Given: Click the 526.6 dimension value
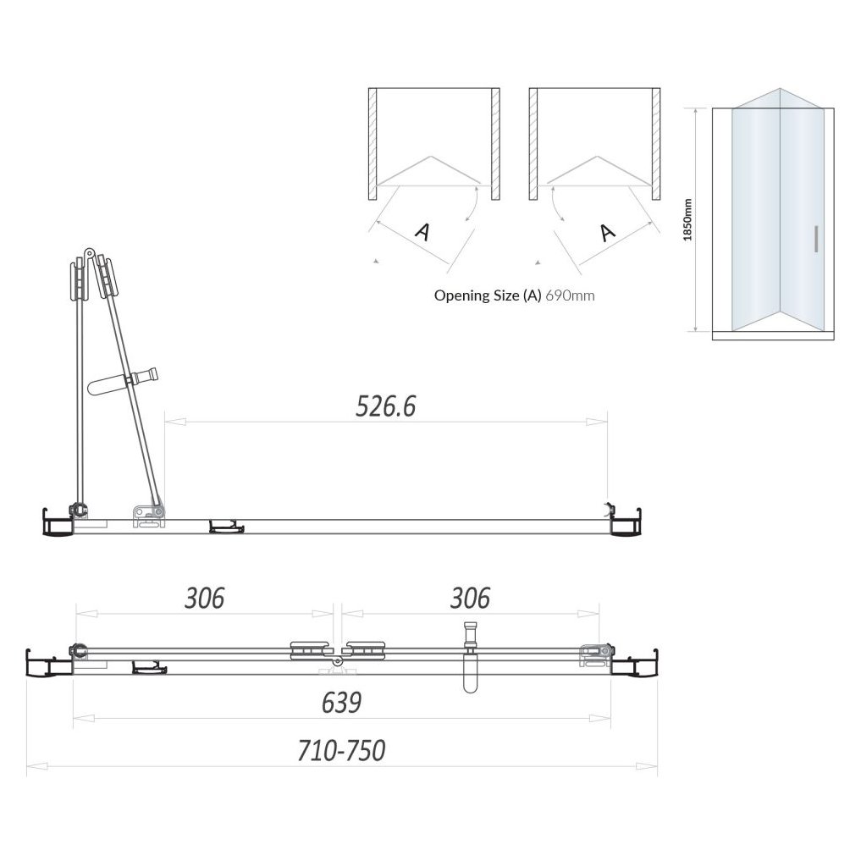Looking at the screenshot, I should pos(386,407).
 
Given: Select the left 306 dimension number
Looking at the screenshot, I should pos(205,598).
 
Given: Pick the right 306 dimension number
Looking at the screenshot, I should pos(470,598).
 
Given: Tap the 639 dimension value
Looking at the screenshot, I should pos(341,702).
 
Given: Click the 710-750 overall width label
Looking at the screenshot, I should pos(341,750).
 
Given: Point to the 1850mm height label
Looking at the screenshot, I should pos(688,219).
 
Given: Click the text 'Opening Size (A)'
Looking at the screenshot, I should pos(488,295).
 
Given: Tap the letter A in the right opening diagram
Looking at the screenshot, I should pos(606,230).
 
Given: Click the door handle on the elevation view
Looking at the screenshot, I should pos(815,240).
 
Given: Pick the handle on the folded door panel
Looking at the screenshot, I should pos(123,380).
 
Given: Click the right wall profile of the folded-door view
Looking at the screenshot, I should pos(627,521).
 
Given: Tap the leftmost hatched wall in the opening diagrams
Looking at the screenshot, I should pos(373,144).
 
